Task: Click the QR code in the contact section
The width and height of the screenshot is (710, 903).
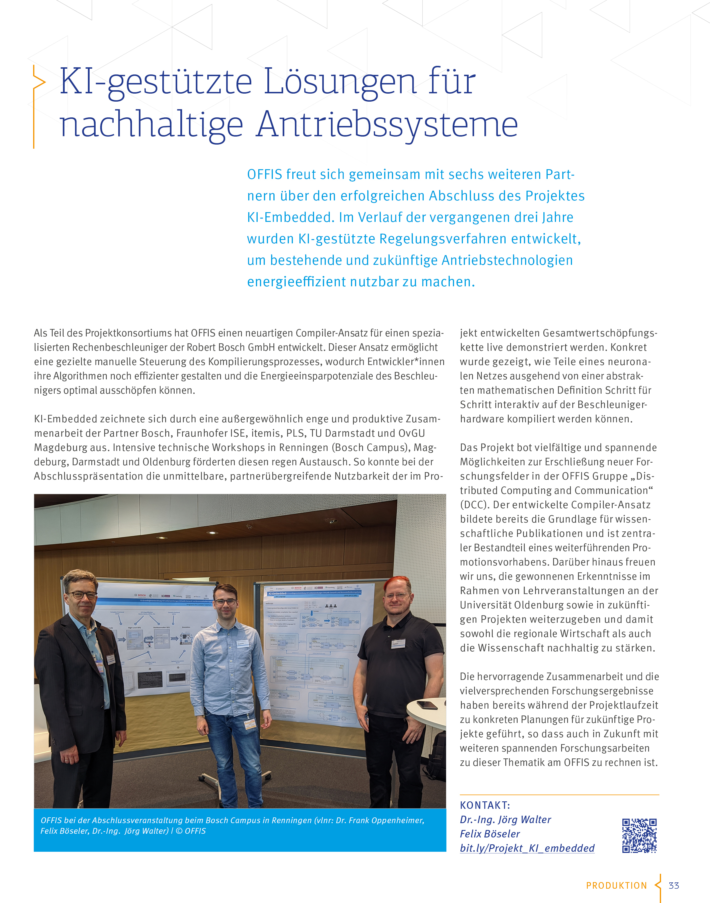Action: pos(639,836)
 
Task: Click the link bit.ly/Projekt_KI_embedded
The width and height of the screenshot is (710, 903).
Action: pos(527,848)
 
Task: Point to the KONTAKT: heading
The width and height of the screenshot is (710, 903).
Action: pos(485,805)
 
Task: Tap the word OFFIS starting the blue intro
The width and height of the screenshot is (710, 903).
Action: pos(264,175)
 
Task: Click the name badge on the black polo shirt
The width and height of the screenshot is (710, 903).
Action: pos(398,644)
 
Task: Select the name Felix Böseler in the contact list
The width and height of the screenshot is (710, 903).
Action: pos(490,834)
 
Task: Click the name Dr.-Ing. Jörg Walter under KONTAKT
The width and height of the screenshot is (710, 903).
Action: pos(505,820)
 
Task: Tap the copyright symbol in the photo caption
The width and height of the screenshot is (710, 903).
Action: pos(179,831)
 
